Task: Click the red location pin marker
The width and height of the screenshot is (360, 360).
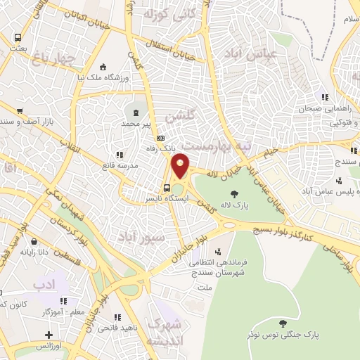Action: click(x=181, y=166)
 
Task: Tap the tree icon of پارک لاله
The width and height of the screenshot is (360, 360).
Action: click(x=233, y=195)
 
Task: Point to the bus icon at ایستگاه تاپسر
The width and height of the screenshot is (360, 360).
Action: click(x=167, y=188)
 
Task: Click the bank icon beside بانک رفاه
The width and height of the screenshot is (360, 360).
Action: click(x=161, y=139)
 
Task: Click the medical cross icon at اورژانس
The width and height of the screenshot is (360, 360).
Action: click(x=49, y=335)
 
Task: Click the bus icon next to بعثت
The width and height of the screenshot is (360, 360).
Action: click(x=18, y=38)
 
